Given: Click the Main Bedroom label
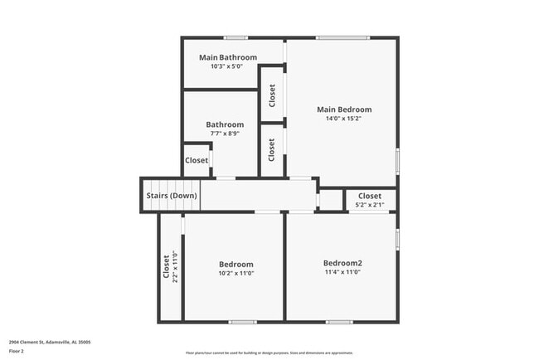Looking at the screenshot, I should coord(344,109).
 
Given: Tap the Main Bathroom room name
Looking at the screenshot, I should coord(228,57).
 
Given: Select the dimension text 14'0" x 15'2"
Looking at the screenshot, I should coord(344,119).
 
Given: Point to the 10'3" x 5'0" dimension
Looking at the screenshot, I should coord(228,66).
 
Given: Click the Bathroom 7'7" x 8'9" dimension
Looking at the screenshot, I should coord(225,134).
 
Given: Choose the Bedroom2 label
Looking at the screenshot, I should coord(342,263).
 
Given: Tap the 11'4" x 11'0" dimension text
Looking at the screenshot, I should coord(342,272).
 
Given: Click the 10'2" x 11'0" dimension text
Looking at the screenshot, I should coord(236,273).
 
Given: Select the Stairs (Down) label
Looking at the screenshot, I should coord(172,196).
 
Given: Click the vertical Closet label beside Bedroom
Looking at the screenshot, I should coord(166,268).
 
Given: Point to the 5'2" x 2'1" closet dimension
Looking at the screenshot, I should coord(370,205).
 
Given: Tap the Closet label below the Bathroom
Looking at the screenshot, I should coord(197,160).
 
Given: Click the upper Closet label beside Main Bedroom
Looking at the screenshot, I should coord(272,95).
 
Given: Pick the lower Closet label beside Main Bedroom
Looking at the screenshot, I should coord(272,149).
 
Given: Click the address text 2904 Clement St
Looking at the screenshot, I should coord(50,341).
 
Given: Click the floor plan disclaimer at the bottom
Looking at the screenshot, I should coord(269,351).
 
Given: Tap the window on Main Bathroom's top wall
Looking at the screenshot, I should coord(236,37).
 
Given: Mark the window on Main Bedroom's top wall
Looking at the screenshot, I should coord(342,37).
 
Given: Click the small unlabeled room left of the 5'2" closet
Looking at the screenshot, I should coord(331,200).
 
